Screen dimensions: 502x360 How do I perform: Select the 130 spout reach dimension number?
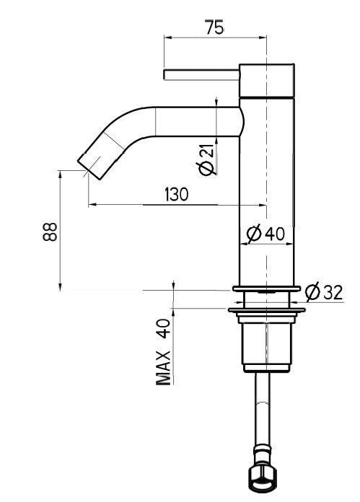click(176, 194)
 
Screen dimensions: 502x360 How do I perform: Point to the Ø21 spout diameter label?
click(206, 158)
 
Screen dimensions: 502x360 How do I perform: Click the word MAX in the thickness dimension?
click(164, 367)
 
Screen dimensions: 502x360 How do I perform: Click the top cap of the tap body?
click(267, 80)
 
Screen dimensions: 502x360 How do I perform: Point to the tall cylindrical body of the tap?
click(267, 188)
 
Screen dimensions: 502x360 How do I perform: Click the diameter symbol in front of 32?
click(312, 292)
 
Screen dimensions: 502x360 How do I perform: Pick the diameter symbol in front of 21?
click(206, 167)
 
